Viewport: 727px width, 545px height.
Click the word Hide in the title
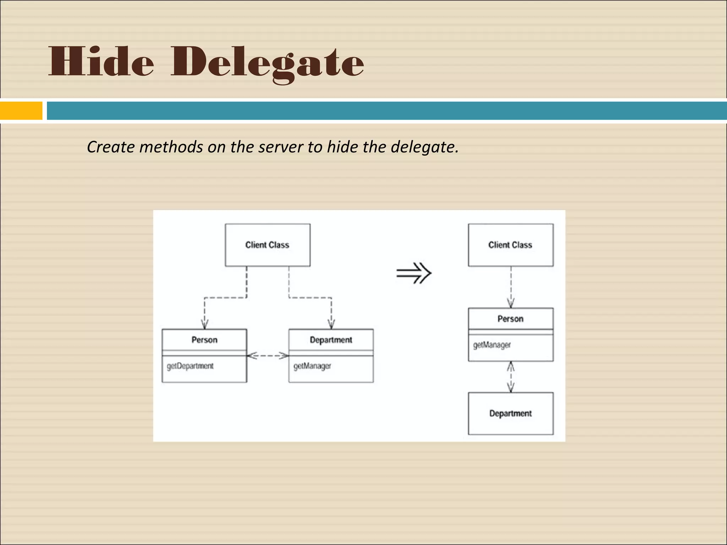[x=101, y=62]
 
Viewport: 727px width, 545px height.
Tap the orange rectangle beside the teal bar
[x=21, y=111]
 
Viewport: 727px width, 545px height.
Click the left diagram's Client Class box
[x=267, y=245]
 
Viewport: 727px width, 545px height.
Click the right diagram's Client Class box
[x=510, y=245]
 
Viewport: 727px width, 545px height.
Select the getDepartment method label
[x=190, y=366]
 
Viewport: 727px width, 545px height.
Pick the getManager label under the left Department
[x=312, y=366]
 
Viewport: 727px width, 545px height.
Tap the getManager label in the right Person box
[x=492, y=345]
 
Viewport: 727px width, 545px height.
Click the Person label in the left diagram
[x=204, y=340]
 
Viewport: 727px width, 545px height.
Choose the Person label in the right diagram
[x=510, y=319]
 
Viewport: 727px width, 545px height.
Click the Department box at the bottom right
[x=510, y=413]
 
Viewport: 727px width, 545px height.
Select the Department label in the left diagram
[x=331, y=340]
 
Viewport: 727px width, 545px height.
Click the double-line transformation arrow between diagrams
[x=414, y=273]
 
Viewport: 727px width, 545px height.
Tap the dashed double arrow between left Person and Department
[x=268, y=355]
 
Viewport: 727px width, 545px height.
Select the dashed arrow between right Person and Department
[x=511, y=377]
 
